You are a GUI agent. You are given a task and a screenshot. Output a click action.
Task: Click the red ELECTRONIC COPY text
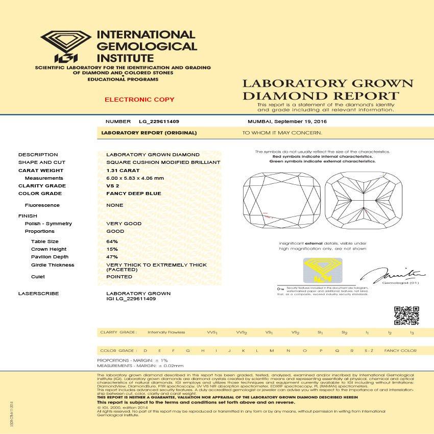(x=139, y=100)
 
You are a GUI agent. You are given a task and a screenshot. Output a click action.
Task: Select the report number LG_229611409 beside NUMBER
(x=159, y=122)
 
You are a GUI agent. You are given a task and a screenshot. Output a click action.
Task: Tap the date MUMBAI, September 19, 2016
(x=287, y=122)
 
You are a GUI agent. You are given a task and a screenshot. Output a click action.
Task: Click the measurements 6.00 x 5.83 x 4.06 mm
(x=135, y=178)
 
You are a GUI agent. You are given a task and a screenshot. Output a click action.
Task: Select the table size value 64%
(x=112, y=241)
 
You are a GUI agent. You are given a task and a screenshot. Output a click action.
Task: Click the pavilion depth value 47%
(x=112, y=257)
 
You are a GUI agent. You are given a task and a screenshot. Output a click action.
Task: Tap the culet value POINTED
(x=119, y=277)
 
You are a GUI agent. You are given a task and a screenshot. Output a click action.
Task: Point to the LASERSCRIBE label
(x=38, y=294)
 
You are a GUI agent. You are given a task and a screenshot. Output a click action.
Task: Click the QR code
(x=407, y=316)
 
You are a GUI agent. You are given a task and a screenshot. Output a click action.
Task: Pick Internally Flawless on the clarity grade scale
(x=163, y=332)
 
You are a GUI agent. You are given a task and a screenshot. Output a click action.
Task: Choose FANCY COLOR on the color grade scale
(x=400, y=351)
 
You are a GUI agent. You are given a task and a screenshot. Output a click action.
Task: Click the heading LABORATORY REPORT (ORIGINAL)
(x=149, y=133)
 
